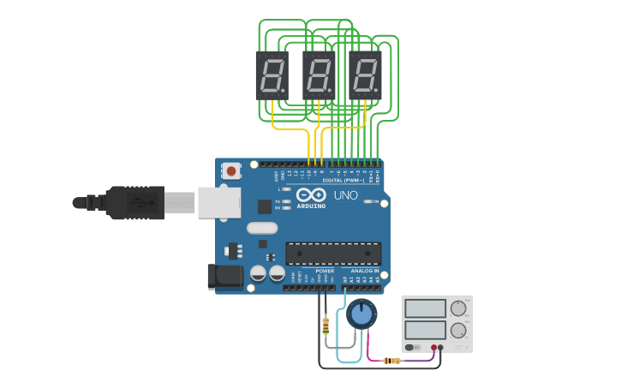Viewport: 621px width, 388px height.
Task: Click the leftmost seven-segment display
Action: pyautogui.click(x=272, y=75)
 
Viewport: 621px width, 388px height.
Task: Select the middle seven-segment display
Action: pyautogui.click(x=318, y=75)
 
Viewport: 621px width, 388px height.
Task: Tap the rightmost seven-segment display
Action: pyautogui.click(x=364, y=75)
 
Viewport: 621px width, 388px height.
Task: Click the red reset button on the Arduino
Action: pyautogui.click(x=231, y=171)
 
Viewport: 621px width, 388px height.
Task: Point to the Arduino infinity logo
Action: pyautogui.click(x=311, y=195)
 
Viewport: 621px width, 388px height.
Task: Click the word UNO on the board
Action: pyautogui.click(x=345, y=195)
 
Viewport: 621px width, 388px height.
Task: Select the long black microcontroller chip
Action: pyautogui.click(x=333, y=254)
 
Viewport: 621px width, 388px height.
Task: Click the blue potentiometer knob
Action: pyautogui.click(x=361, y=314)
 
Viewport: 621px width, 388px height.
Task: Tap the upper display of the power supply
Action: pyautogui.click(x=426, y=308)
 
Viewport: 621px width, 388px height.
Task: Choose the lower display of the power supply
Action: pyautogui.click(x=426, y=329)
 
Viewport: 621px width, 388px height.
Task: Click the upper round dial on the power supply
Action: pyautogui.click(x=458, y=307)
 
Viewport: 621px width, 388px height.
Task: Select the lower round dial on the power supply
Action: pyautogui.click(x=458, y=330)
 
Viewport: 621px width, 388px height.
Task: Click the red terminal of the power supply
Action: pyautogui.click(x=433, y=348)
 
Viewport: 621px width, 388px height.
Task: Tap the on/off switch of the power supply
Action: pyautogui.click(x=413, y=348)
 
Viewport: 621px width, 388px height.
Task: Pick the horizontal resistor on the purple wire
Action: pyautogui.click(x=392, y=361)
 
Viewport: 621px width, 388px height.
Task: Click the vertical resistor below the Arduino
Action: pyautogui.click(x=325, y=325)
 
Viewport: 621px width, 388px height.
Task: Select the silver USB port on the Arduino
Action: pyautogui.click(x=218, y=203)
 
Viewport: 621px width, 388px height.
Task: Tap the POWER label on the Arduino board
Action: pyautogui.click(x=325, y=271)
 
